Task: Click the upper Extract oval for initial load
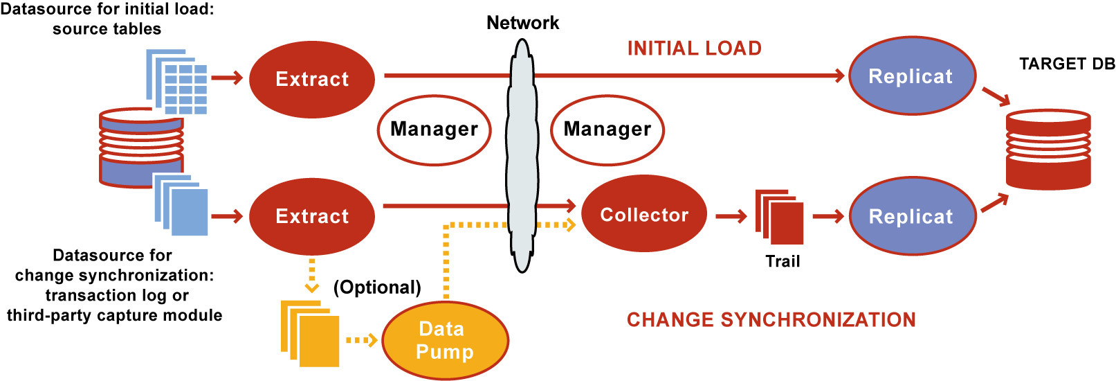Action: point(311,79)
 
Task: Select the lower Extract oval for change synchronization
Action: point(311,216)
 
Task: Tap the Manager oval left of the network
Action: point(434,130)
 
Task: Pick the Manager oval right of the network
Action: point(607,130)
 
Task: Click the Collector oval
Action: point(643,215)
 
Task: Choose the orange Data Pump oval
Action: point(445,340)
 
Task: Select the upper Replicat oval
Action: point(911,76)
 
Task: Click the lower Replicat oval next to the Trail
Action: point(911,216)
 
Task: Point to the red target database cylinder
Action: point(1048,149)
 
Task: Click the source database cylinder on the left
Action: point(141,148)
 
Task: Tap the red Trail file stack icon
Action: point(780,217)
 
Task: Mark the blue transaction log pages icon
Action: point(181,205)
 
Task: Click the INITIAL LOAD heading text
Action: point(694,48)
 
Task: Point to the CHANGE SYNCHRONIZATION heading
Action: point(771,319)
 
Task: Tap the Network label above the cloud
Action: point(522,23)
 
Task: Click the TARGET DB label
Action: point(1067,64)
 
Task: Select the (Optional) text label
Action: point(377,287)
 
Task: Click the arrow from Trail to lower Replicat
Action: point(828,217)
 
